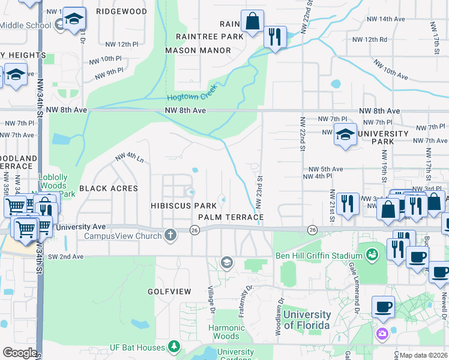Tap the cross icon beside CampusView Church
click(171, 235)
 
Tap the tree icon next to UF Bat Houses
click(174, 347)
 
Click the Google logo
click(20, 352)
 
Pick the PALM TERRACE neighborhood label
click(231, 216)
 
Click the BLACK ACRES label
click(109, 188)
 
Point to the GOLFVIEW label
click(169, 292)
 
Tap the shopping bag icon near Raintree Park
click(253, 22)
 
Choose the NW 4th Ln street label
click(129, 158)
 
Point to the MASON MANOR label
click(197, 50)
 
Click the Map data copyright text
click(424, 355)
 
